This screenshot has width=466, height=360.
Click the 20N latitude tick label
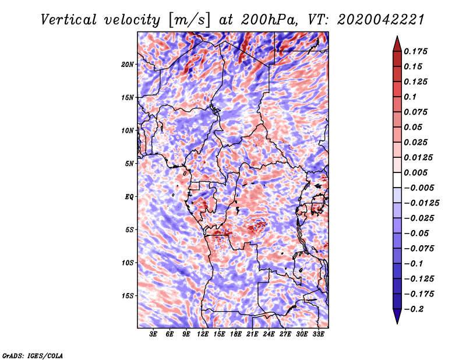pyautogui.click(x=128, y=64)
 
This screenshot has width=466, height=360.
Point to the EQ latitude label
pyautogui.click(x=129, y=196)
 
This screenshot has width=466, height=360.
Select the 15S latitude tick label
pyautogui.click(x=128, y=295)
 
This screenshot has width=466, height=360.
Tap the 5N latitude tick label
pyautogui.click(x=129, y=163)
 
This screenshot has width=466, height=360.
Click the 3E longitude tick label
pyautogui.click(x=154, y=335)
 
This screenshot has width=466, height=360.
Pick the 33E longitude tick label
pyautogui.click(x=318, y=335)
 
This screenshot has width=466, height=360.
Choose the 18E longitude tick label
pyautogui.click(x=236, y=335)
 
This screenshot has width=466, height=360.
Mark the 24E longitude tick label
pyautogui.click(x=269, y=335)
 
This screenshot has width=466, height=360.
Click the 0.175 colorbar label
pyautogui.click(x=417, y=51)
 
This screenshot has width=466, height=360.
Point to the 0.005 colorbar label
pyautogui.click(x=417, y=172)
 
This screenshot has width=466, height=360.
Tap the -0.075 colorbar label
pyautogui.click(x=419, y=248)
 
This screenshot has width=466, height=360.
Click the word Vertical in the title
pyautogui.click(x=69, y=19)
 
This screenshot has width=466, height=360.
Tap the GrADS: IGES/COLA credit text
pyautogui.click(x=33, y=355)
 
